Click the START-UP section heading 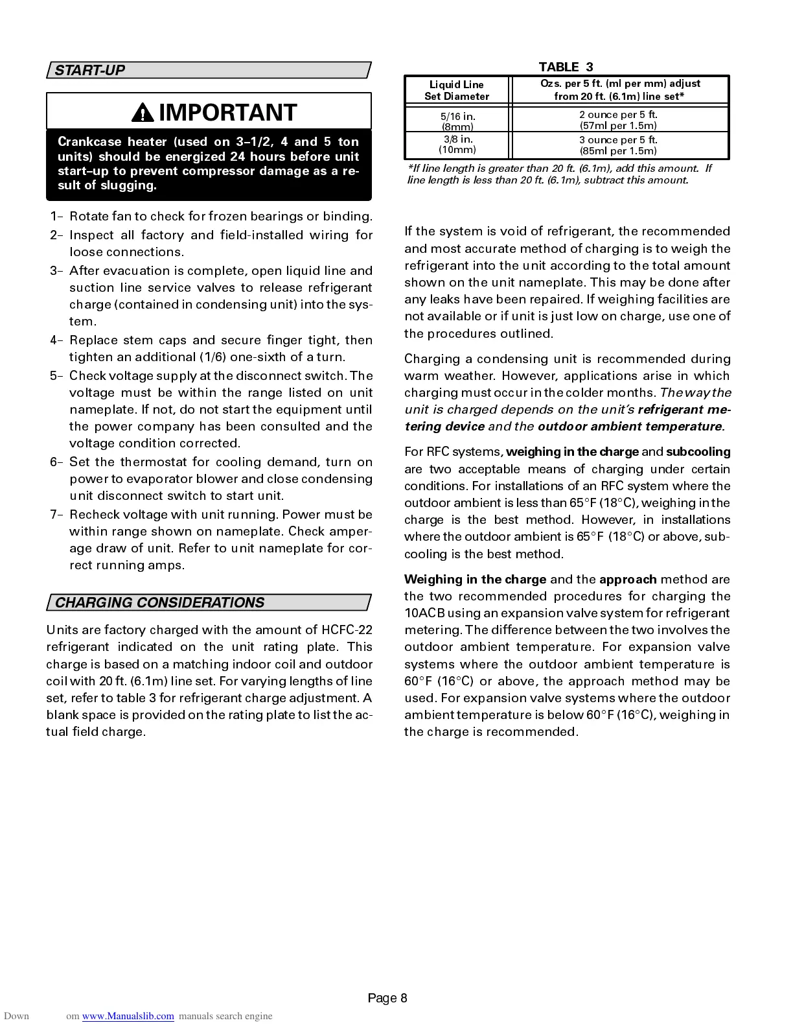click(x=89, y=71)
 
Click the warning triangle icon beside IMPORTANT click(x=140, y=113)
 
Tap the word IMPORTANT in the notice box click(x=227, y=113)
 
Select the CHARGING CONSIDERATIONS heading click(x=159, y=603)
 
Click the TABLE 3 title click(x=566, y=67)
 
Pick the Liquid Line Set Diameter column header click(x=457, y=90)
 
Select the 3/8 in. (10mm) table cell click(x=457, y=145)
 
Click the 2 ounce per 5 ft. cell click(x=618, y=120)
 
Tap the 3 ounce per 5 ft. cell click(x=618, y=145)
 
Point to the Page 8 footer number click(x=387, y=998)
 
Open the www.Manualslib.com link click(x=128, y=1016)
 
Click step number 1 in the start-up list click(x=54, y=217)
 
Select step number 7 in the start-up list click(x=54, y=515)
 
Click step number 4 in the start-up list click(x=54, y=340)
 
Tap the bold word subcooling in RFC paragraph click(x=698, y=452)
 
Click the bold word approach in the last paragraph click(x=628, y=580)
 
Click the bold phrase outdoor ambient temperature click(x=630, y=427)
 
